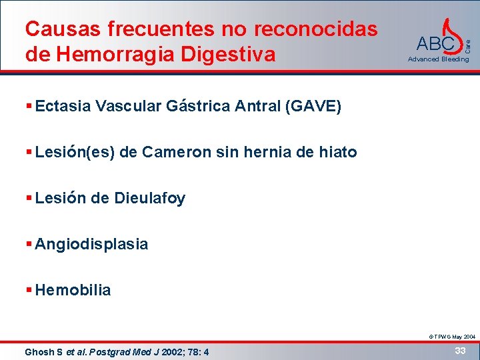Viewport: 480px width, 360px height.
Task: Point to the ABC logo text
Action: pos(435,45)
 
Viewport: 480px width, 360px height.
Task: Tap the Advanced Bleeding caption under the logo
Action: pos(439,59)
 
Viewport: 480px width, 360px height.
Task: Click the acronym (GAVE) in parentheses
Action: pos(313,106)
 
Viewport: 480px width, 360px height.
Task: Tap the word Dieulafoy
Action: pos(150,198)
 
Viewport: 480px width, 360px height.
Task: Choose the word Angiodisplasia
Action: pos(91,244)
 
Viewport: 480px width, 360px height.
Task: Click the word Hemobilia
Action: pos(73,290)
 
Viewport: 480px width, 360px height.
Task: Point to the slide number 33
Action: pos(459,350)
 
